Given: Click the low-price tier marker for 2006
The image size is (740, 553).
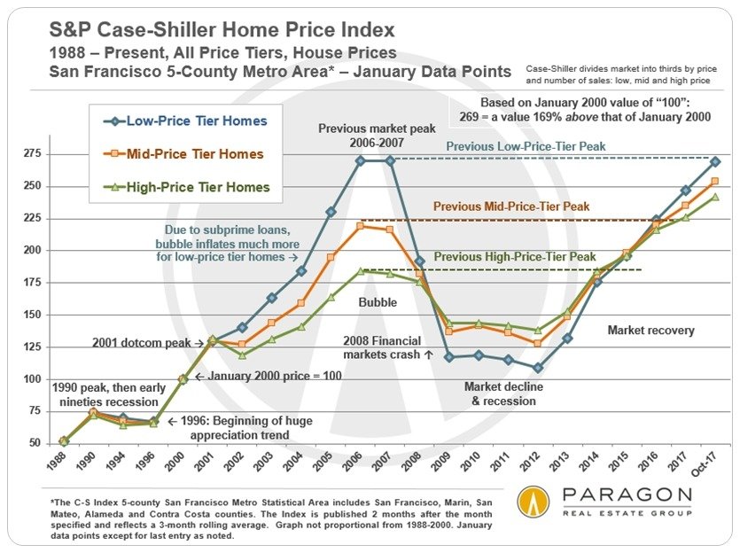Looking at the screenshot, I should point(360,161).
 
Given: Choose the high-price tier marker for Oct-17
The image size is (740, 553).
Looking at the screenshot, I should point(714,197).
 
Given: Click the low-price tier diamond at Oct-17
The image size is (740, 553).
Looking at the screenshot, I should point(714,162).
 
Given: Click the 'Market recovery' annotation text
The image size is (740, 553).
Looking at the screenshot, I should point(650,331).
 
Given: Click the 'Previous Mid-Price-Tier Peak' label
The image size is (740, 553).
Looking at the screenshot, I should point(511,206).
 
